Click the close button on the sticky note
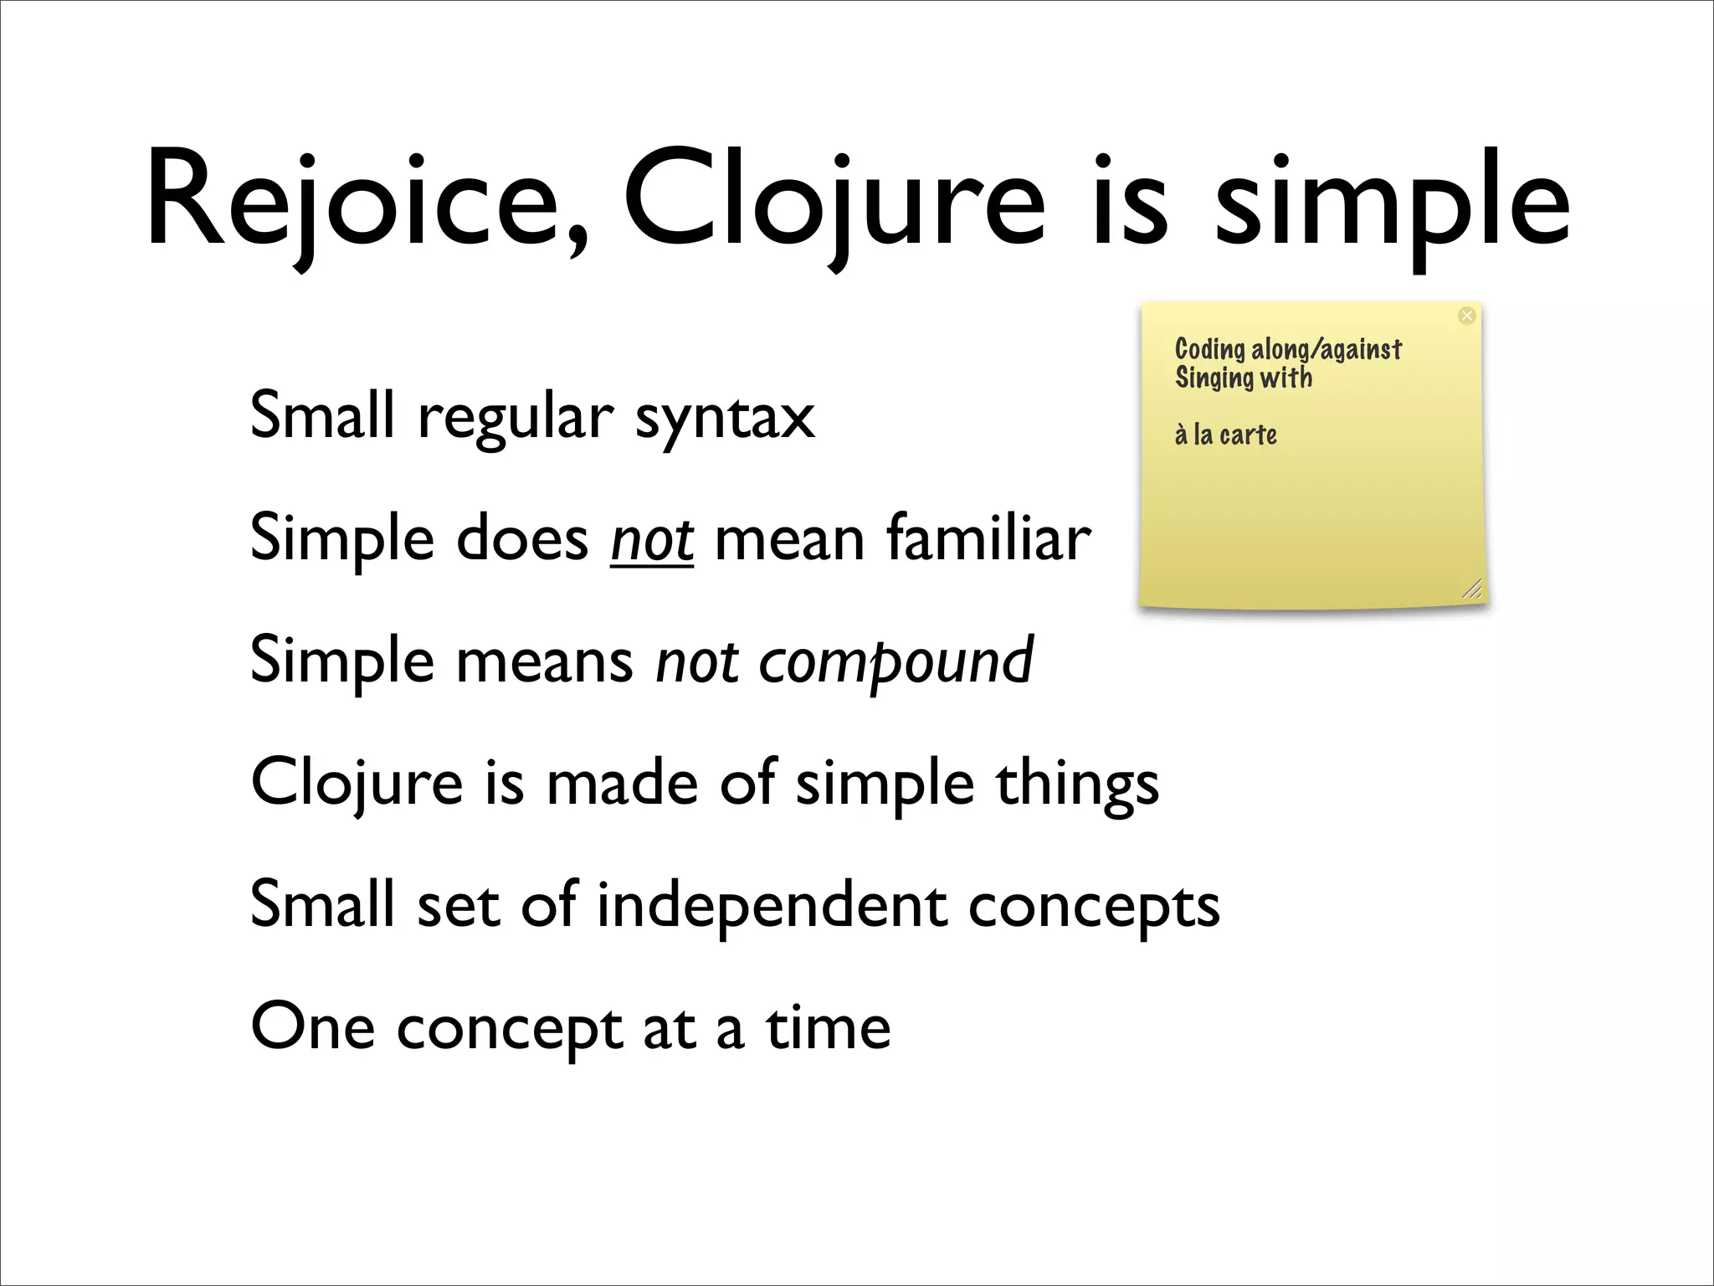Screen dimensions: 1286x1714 [1466, 316]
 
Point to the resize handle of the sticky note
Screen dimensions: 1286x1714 [1472, 589]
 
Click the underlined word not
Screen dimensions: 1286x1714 [651, 539]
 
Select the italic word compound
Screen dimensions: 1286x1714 [895, 661]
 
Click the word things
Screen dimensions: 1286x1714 [1077, 784]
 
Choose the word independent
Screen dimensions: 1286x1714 [772, 906]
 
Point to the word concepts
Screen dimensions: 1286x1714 [1094, 908]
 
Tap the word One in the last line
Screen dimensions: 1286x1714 [312, 1028]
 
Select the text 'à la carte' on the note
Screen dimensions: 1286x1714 [1225, 435]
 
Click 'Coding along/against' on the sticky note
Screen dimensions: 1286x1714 [1287, 349]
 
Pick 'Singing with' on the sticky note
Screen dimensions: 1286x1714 [1243, 378]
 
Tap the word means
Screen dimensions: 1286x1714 [544, 661]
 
